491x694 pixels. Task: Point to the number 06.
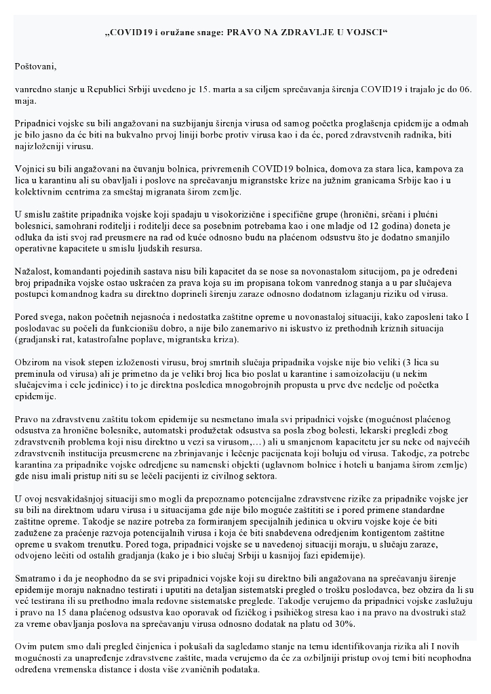467,89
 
